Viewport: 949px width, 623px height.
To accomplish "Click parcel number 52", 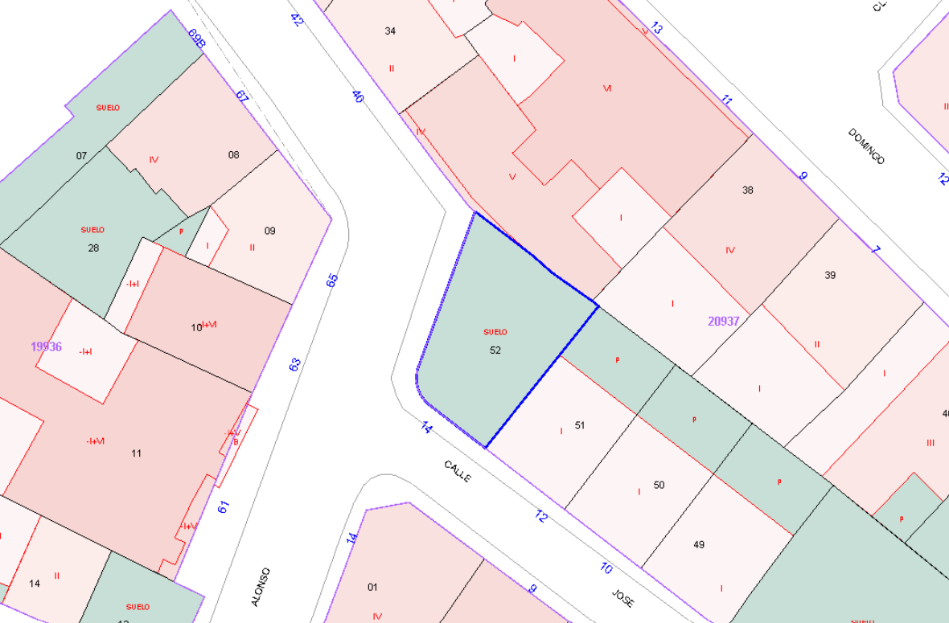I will pos(495,350).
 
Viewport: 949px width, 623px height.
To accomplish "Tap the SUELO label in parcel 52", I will pos(495,332).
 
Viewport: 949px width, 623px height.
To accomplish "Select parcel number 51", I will pos(580,425).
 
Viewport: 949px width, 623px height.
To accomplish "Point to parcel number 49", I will pos(699,545).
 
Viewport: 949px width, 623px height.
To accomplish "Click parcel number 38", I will pos(748,191).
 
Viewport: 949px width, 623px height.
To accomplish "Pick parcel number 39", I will pos(830,275).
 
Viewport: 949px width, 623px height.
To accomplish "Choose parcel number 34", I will pos(390,31).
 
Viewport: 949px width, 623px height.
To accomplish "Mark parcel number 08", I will pos(233,155).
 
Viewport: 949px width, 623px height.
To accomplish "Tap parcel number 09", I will pos(270,231).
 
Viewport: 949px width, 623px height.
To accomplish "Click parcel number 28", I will pos(93,248).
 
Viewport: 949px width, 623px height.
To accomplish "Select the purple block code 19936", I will pos(47,346).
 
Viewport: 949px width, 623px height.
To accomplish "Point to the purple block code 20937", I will pos(724,321).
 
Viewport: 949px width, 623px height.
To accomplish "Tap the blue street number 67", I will pos(242,96).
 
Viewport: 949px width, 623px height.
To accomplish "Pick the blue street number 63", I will pos(294,364).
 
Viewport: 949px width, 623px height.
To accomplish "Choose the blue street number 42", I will pos(297,20).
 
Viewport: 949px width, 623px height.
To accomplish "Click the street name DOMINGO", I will pos(866,146).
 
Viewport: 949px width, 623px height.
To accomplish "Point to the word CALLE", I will pos(458,471).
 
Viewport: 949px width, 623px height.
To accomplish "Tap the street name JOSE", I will pos(622,598).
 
